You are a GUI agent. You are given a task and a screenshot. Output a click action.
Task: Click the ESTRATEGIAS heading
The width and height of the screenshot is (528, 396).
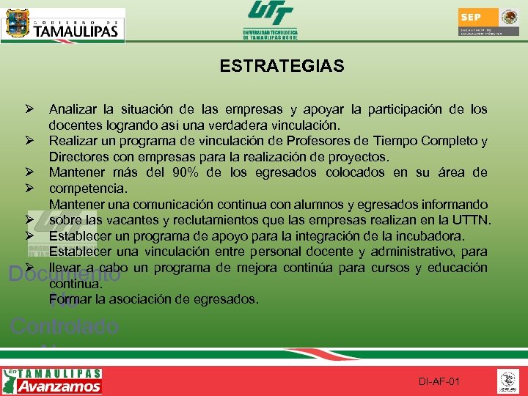point(282,67)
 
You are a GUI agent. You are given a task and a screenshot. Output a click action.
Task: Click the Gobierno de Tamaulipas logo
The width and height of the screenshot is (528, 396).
point(64,25)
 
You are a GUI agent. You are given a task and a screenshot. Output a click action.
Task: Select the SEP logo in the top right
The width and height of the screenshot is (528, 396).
point(488,22)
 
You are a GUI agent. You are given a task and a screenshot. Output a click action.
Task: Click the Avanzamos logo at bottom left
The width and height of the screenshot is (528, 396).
point(53,381)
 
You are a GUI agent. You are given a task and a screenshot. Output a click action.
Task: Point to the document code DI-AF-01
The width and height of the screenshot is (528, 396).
point(439,382)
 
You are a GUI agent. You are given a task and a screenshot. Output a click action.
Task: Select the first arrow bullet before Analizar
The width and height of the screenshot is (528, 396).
point(29,110)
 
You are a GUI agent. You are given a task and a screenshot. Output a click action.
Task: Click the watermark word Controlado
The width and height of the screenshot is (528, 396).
point(65,326)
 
